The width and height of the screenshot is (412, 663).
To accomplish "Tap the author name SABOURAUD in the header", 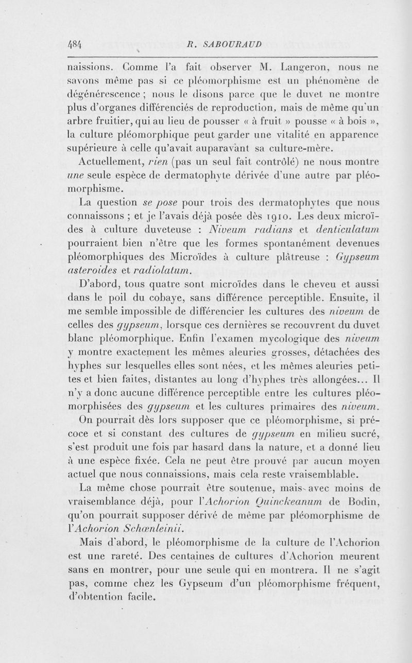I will (x=229, y=45).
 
